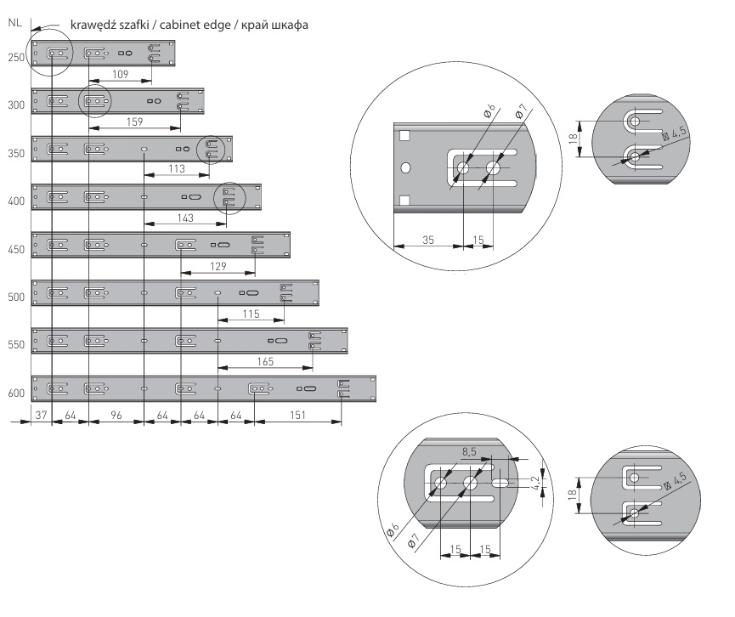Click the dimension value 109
(120, 75)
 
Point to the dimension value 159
(134, 122)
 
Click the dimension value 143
(184, 218)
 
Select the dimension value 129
(218, 267)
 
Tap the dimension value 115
(250, 314)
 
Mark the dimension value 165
(265, 362)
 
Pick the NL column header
(14, 23)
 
